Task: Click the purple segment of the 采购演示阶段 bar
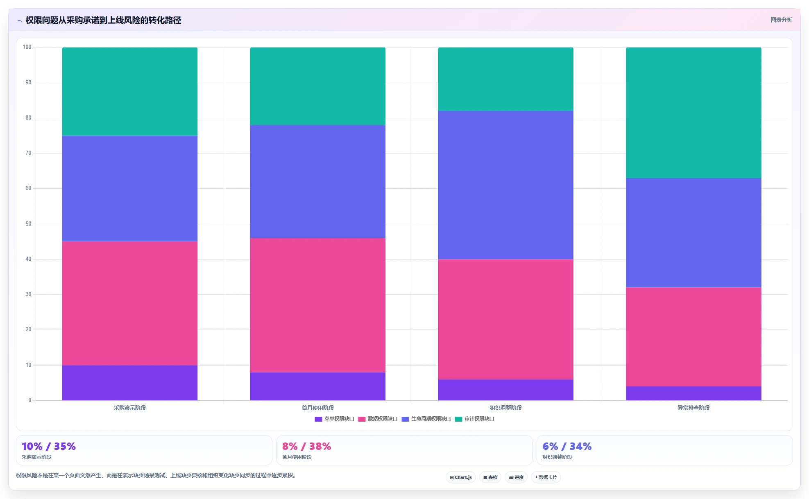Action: pyautogui.click(x=130, y=383)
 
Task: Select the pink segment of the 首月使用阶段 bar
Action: pyautogui.click(x=318, y=305)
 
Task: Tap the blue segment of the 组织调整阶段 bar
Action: pyautogui.click(x=505, y=185)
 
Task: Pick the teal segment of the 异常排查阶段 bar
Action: pyautogui.click(x=693, y=113)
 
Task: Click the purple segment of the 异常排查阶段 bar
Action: pyautogui.click(x=693, y=393)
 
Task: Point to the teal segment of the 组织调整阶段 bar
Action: pyautogui.click(x=505, y=79)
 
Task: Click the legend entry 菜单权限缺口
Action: pyautogui.click(x=334, y=419)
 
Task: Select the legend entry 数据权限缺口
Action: pyautogui.click(x=378, y=419)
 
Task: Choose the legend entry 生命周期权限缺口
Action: pyautogui.click(x=426, y=419)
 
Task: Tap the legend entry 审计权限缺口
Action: pyautogui.click(x=474, y=419)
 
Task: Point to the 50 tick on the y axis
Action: pyautogui.click(x=28, y=224)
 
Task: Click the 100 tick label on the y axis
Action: pyautogui.click(x=27, y=47)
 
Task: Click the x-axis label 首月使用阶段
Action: pyautogui.click(x=318, y=408)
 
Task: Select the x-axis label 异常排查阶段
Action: pyautogui.click(x=693, y=408)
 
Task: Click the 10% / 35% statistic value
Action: pyautogui.click(x=49, y=446)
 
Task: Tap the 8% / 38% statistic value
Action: pyautogui.click(x=306, y=446)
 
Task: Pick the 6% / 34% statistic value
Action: pyautogui.click(x=567, y=446)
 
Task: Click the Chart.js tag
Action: pyautogui.click(x=461, y=477)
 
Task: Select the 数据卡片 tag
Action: pyautogui.click(x=546, y=477)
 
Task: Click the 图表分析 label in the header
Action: pyautogui.click(x=781, y=20)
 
